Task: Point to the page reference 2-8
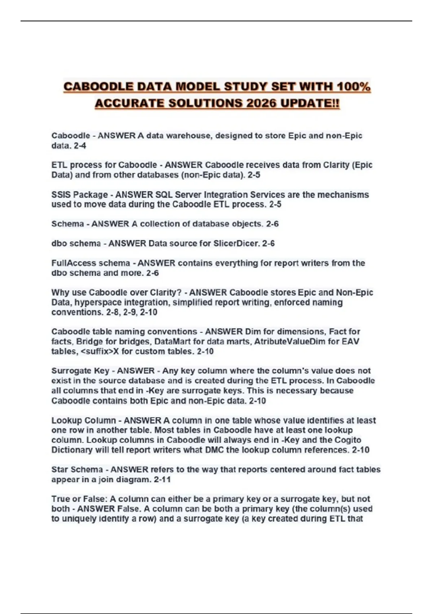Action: [x=113, y=312]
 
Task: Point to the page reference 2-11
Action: [x=162, y=480]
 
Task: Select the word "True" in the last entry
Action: [x=60, y=499]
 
